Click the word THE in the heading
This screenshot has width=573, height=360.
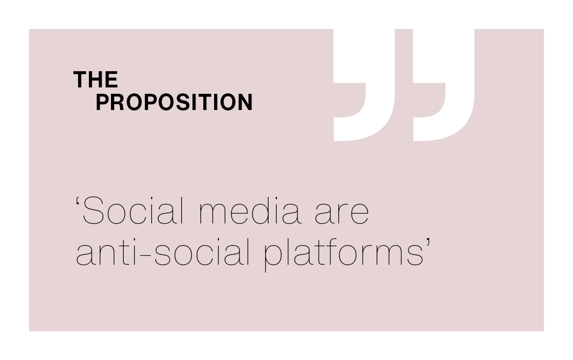[x=96, y=80]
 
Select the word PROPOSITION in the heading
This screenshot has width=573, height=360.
[x=174, y=102]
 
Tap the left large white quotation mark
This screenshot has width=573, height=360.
[x=364, y=85]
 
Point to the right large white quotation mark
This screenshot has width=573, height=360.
[x=444, y=85]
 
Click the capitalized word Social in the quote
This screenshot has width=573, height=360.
[x=134, y=211]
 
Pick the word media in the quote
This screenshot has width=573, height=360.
[x=250, y=211]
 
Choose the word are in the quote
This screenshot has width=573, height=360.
[x=342, y=215]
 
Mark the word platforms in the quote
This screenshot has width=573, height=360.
[x=344, y=253]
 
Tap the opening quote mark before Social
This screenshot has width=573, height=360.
[x=78, y=202]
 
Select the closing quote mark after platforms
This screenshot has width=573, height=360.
[x=428, y=243]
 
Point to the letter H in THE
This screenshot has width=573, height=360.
[x=96, y=80]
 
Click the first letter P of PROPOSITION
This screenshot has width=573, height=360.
[x=103, y=102]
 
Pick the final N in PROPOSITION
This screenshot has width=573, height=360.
[x=245, y=102]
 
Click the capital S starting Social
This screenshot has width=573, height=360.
[x=94, y=211]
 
